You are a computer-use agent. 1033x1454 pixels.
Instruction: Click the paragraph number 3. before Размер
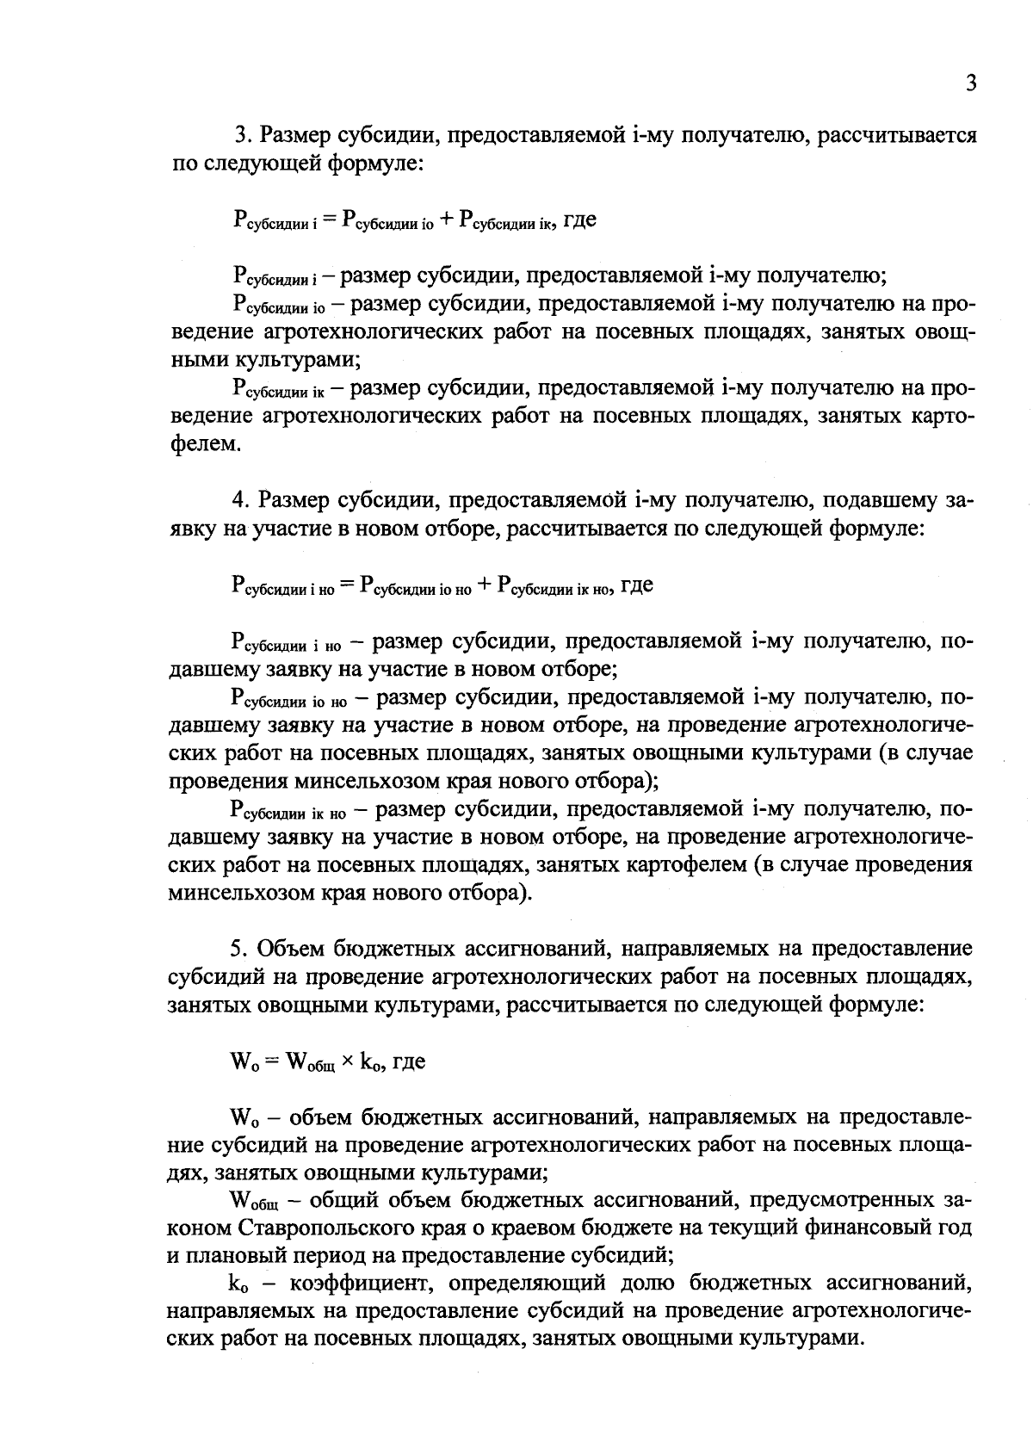(x=243, y=136)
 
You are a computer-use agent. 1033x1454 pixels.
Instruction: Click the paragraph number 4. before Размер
(x=241, y=500)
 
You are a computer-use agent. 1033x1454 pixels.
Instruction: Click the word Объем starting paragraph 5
(x=291, y=949)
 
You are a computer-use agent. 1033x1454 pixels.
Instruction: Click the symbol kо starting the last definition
(x=238, y=1284)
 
